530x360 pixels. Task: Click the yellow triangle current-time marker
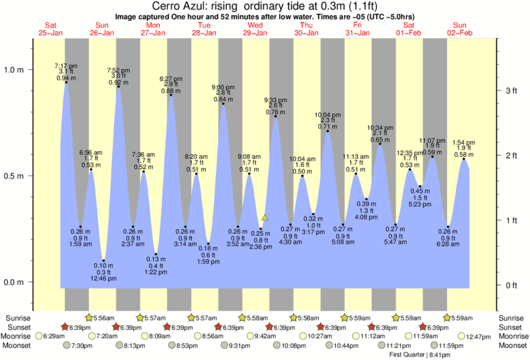pyautogui.click(x=265, y=218)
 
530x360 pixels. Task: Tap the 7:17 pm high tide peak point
pyautogui.click(x=65, y=82)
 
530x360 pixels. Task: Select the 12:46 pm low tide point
pyautogui.click(x=104, y=260)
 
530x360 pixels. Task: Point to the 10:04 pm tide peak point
pyautogui.click(x=327, y=131)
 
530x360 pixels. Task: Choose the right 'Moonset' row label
pyautogui.click(x=513, y=345)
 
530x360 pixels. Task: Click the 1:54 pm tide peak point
pyautogui.click(x=464, y=159)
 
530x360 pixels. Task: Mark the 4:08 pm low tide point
pyautogui.click(x=367, y=198)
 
